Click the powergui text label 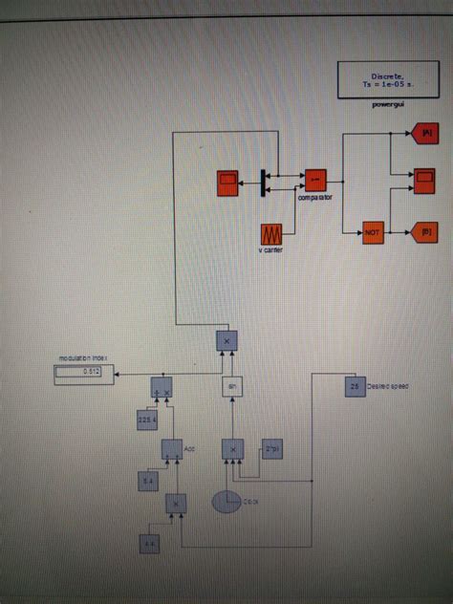click(x=388, y=104)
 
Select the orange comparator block click(x=315, y=179)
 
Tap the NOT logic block click(x=372, y=230)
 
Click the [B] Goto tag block click(x=423, y=230)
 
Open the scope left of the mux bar click(x=229, y=179)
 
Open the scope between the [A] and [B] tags click(x=422, y=177)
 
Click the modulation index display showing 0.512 click(x=85, y=371)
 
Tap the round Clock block click(x=226, y=501)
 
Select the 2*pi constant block click(x=272, y=448)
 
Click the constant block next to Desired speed click(x=354, y=386)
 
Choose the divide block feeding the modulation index click(x=161, y=386)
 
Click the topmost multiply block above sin click(x=226, y=339)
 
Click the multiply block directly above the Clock click(x=231, y=448)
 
